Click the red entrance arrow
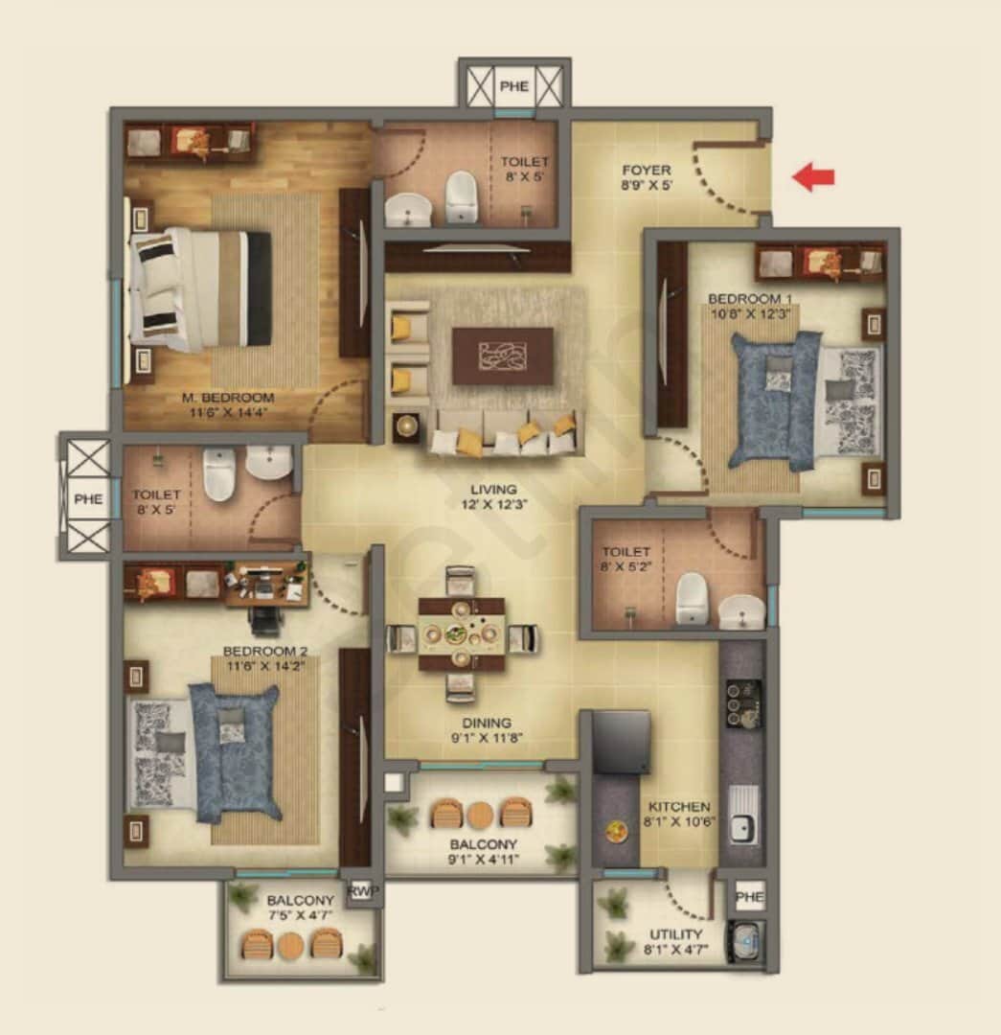click(813, 176)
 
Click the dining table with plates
click(462, 634)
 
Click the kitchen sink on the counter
click(743, 816)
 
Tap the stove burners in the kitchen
click(743, 702)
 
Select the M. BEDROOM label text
click(229, 398)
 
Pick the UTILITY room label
click(675, 934)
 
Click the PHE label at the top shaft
click(513, 86)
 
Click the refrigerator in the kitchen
click(621, 742)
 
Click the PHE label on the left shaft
click(88, 498)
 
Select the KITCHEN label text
click(678, 807)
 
